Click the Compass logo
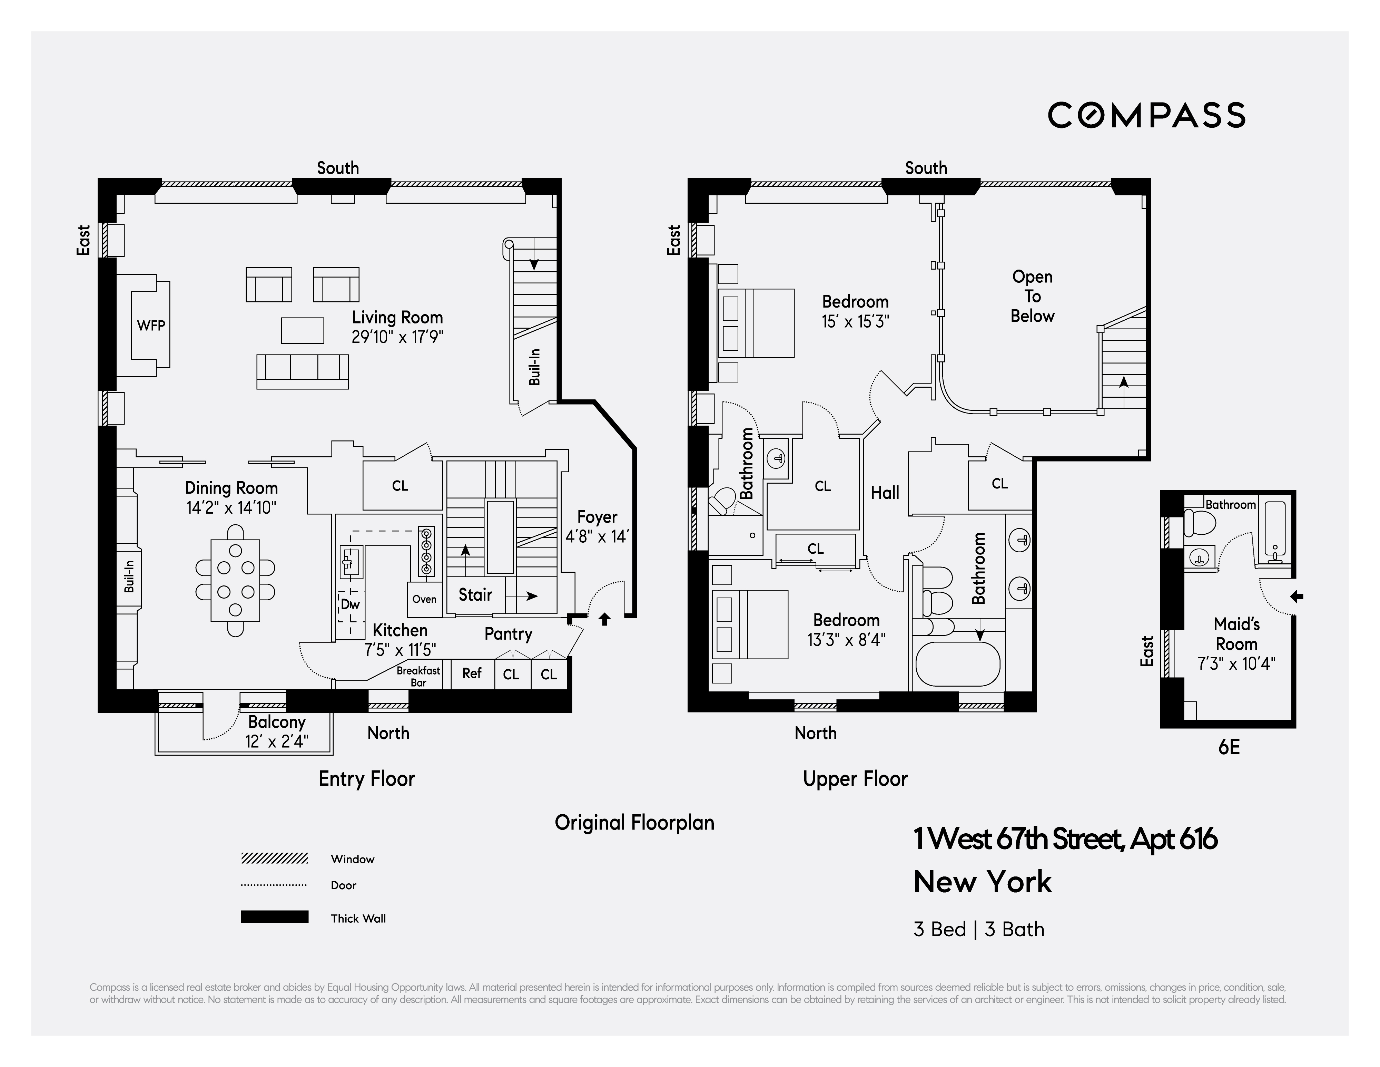[x=1146, y=115]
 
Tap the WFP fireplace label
[x=151, y=326]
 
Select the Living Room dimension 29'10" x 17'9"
[x=397, y=337]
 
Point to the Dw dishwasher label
[x=350, y=604]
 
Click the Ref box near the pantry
[x=471, y=673]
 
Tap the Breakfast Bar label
[x=418, y=676]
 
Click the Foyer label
[x=597, y=517]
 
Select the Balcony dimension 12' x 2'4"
[x=277, y=741]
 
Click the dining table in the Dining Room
[x=235, y=580]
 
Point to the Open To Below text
[x=1032, y=297]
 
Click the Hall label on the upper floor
[x=885, y=493]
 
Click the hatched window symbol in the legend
[x=274, y=859]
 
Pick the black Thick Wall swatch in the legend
[x=274, y=916]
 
